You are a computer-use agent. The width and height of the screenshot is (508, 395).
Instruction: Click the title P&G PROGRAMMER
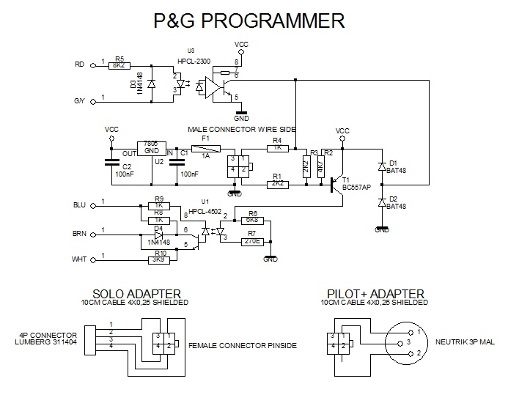coord(249,21)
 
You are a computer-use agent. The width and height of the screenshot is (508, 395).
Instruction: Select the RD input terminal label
coord(80,64)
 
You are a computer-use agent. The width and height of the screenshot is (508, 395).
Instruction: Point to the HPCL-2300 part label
coord(194,61)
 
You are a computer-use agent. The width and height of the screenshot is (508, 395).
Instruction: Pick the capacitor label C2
coord(127,168)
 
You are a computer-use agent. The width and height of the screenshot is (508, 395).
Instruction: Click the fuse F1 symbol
coord(206,147)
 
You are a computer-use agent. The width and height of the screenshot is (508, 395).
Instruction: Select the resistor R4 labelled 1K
coord(276,147)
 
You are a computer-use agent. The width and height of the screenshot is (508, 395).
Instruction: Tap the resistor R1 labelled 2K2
coord(276,185)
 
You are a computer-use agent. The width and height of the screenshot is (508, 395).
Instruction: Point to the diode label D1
coord(394,162)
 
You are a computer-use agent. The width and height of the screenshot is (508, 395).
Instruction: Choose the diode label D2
coord(394,199)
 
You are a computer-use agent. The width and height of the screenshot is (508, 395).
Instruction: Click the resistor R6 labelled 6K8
coord(251,219)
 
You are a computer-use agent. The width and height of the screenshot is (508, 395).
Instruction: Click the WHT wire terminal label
coord(80,258)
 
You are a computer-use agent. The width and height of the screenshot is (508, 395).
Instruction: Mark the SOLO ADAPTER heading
coord(136,294)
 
